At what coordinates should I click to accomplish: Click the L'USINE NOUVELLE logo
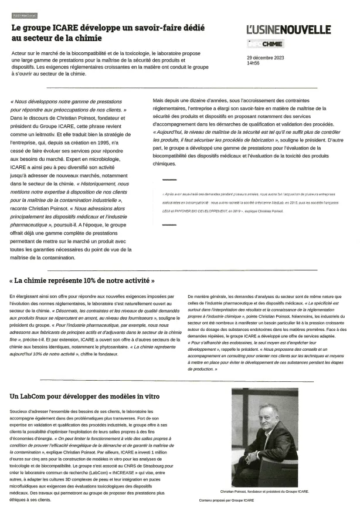pyautogui.click(x=288, y=30)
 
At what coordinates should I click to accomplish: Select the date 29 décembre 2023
pyautogui.click(x=265, y=57)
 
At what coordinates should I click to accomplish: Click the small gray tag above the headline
pyautogui.click(x=24, y=16)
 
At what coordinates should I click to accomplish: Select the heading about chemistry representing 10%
pyautogui.click(x=82, y=280)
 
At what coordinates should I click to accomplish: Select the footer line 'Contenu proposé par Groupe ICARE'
pyautogui.click(x=226, y=500)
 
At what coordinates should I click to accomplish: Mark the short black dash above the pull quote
pyautogui.click(x=169, y=179)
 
